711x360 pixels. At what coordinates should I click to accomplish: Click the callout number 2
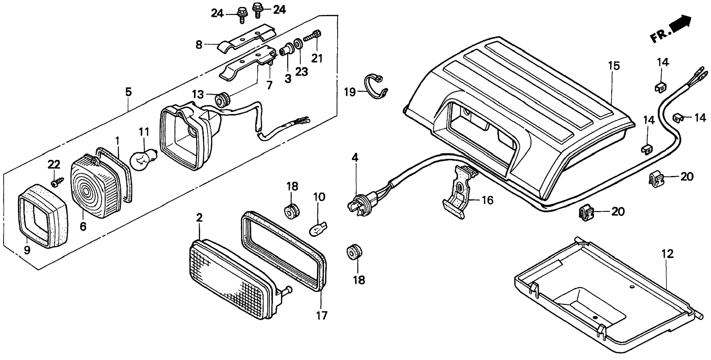(199, 218)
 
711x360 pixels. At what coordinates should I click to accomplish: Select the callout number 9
(27, 250)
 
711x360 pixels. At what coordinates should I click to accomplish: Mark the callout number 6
(83, 226)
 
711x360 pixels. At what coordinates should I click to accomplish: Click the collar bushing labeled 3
(287, 52)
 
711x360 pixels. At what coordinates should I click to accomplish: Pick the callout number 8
(199, 45)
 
